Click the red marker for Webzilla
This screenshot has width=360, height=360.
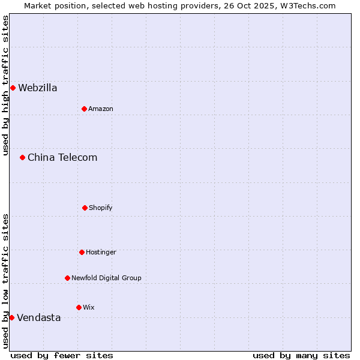point(13,88)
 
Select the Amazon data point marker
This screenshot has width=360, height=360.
point(84,109)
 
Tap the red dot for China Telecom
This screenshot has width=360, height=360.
point(22,158)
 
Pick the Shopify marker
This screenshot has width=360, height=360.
point(85,208)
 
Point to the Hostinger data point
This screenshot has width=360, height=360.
point(82,252)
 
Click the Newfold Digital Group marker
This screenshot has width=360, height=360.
point(67,278)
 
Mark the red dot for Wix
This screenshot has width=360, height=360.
point(79,307)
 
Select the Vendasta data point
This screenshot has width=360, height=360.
point(11,317)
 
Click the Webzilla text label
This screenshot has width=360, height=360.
point(38,88)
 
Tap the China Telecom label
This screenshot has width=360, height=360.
point(62,158)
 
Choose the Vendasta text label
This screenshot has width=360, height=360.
point(39,318)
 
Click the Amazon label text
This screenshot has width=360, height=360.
point(101,109)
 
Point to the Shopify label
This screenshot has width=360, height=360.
point(101,208)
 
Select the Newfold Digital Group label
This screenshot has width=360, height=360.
point(106,278)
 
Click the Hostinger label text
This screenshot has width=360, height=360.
point(101,253)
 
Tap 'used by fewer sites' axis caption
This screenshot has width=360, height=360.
point(62,355)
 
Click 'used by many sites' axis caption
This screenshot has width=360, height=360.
point(301,355)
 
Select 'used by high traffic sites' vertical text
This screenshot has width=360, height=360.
point(5,85)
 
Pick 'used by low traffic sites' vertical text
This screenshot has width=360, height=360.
point(5,281)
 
